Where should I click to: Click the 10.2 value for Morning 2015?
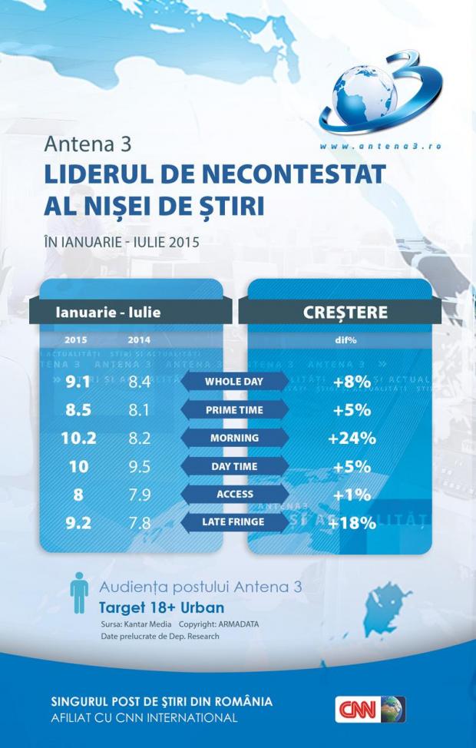(x=78, y=439)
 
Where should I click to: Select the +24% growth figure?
(x=352, y=439)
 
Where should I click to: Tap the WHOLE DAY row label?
(x=234, y=382)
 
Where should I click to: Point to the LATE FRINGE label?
(x=234, y=522)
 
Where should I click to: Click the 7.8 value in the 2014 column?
(x=139, y=523)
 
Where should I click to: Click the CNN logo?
(x=370, y=709)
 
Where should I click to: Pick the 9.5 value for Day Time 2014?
(x=139, y=467)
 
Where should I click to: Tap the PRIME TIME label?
(x=234, y=410)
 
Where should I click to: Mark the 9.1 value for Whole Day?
(x=78, y=382)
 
